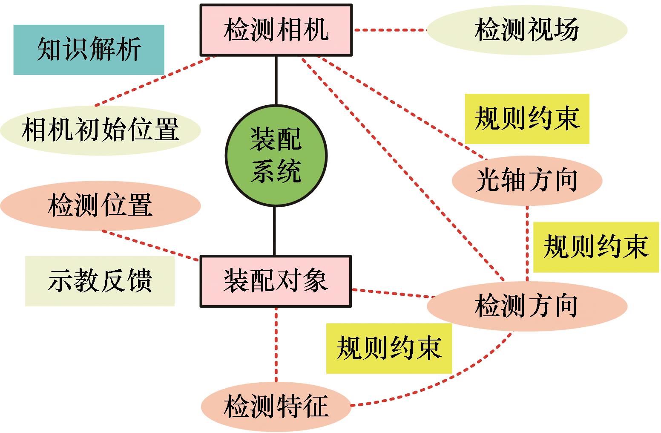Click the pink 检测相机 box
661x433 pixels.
coord(276,30)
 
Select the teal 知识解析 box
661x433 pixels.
coord(89,50)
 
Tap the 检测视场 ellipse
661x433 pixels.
coord(527,30)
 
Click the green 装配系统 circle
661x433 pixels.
coord(276,156)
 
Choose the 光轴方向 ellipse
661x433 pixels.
coord(527,180)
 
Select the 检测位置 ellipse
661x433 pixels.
coord(100,206)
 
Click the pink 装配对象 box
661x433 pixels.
coord(276,281)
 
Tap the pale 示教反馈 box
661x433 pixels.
coord(100,281)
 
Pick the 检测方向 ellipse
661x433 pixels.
coord(527,306)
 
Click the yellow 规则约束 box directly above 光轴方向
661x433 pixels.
coord(527,118)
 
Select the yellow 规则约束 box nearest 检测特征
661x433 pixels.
coord(389,348)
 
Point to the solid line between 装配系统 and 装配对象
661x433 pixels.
coord(275,231)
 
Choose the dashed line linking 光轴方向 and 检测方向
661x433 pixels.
coord(527,243)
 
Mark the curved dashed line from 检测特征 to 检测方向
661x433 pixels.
coord(451,379)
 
